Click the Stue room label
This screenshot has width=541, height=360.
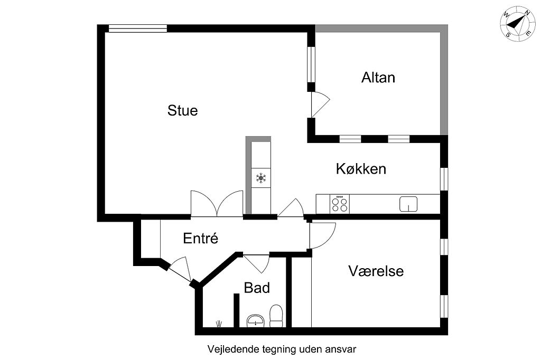point(182,110)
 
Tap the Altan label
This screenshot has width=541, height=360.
point(378,78)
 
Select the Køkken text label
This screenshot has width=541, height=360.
point(361,168)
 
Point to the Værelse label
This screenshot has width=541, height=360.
point(376,271)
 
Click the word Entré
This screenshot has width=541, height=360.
point(200,238)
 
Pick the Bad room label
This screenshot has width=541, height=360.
point(257,288)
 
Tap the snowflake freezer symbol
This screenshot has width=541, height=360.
point(261,178)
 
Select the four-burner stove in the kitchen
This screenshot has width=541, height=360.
point(340,204)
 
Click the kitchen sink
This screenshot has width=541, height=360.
point(408,204)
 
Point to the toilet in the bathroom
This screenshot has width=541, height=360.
point(276,316)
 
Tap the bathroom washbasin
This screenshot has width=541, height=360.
point(256,321)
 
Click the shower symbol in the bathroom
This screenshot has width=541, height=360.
point(219,324)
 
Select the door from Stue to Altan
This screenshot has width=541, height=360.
point(320,105)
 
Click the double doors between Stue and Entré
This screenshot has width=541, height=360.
point(217,203)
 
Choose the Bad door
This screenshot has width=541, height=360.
point(256,263)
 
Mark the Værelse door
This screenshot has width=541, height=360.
point(322,235)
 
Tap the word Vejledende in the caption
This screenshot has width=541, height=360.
point(233,349)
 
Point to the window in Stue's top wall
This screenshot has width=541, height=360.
point(138,29)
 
